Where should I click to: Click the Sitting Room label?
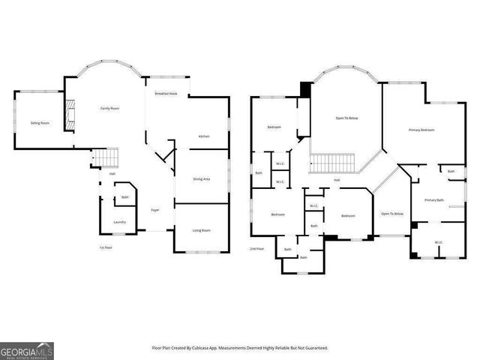point(40,122)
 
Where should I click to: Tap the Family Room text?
point(110,109)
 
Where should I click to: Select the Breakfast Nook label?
point(166,94)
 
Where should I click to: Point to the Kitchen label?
point(203,136)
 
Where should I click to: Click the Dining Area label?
point(201,179)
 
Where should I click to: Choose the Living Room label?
point(201,230)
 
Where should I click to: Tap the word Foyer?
point(155,210)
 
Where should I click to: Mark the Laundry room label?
point(119,222)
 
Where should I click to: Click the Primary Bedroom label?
point(421,130)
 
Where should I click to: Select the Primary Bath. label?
point(435,200)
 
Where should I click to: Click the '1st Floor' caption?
point(106,247)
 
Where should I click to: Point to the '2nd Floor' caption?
point(257,248)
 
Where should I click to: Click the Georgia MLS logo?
point(27,350)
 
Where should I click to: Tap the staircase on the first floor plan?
point(110,158)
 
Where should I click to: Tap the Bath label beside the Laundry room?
point(124,198)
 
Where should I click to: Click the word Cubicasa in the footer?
point(212,348)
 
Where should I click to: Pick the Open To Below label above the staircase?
point(346,118)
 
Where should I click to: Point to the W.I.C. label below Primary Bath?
point(439,242)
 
